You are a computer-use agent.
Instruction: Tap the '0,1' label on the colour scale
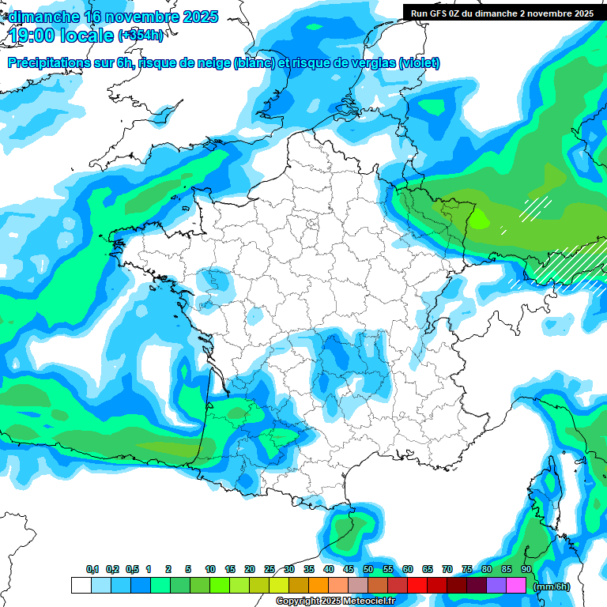(x=92, y=570)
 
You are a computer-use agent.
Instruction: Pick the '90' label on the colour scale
(x=526, y=570)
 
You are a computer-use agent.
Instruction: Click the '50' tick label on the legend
(x=368, y=570)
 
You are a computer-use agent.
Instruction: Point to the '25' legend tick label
(x=270, y=570)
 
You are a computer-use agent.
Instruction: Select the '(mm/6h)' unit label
(x=552, y=586)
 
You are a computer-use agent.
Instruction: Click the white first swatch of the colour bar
(x=81, y=586)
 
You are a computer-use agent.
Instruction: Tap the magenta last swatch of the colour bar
(x=516, y=586)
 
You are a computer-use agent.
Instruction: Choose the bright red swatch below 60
(x=417, y=586)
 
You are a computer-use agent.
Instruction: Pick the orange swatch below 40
(x=319, y=586)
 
